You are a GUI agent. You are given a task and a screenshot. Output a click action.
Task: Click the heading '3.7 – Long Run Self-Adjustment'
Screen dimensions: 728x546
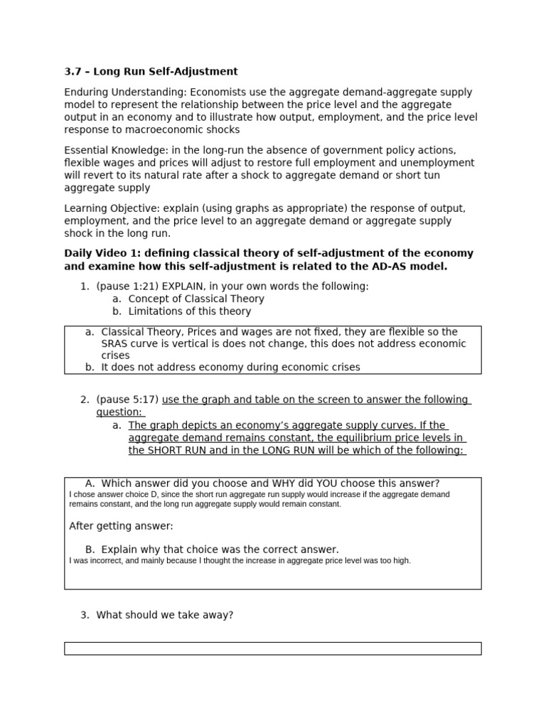click(151, 72)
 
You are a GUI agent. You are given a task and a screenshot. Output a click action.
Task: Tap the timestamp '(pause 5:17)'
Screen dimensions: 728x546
click(127, 400)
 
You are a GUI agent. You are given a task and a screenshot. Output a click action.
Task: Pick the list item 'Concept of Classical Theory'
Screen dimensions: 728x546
click(196, 299)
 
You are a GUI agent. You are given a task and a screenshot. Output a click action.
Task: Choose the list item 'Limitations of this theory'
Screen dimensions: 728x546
click(189, 311)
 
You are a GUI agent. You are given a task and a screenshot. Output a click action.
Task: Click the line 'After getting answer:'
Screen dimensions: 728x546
click(121, 527)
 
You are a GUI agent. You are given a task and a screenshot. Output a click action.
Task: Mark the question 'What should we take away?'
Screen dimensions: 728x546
click(164, 615)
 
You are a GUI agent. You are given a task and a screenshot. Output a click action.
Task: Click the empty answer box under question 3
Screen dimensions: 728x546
click(272, 648)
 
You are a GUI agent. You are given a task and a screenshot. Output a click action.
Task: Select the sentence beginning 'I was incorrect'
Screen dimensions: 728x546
click(240, 561)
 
